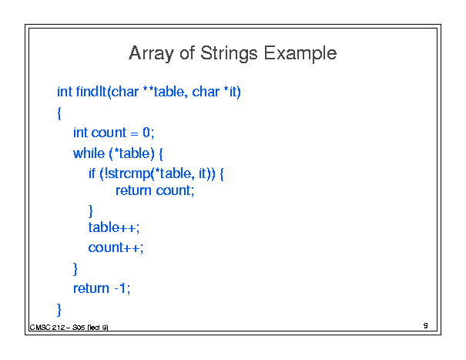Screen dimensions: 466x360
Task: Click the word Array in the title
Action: (151, 54)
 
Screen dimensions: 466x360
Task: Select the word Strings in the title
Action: (229, 54)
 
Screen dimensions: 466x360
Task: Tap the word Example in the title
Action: (300, 54)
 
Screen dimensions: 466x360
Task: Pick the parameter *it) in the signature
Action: (232, 92)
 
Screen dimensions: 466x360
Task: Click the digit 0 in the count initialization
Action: (146, 133)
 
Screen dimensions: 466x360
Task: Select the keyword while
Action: (89, 153)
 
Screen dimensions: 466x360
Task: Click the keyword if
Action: (92, 173)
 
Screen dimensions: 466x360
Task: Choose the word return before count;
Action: (133, 190)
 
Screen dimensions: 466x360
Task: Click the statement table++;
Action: (114, 227)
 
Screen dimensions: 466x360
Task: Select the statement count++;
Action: (116, 247)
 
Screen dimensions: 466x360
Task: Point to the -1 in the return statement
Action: (120, 288)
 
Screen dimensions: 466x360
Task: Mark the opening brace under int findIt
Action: (59, 113)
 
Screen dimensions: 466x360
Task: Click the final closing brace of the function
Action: (59, 310)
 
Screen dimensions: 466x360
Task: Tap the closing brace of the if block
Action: (91, 211)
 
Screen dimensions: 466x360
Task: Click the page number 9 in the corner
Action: (426, 325)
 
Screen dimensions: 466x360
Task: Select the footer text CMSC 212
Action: (47, 328)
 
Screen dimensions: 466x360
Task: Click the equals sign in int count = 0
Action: (134, 133)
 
